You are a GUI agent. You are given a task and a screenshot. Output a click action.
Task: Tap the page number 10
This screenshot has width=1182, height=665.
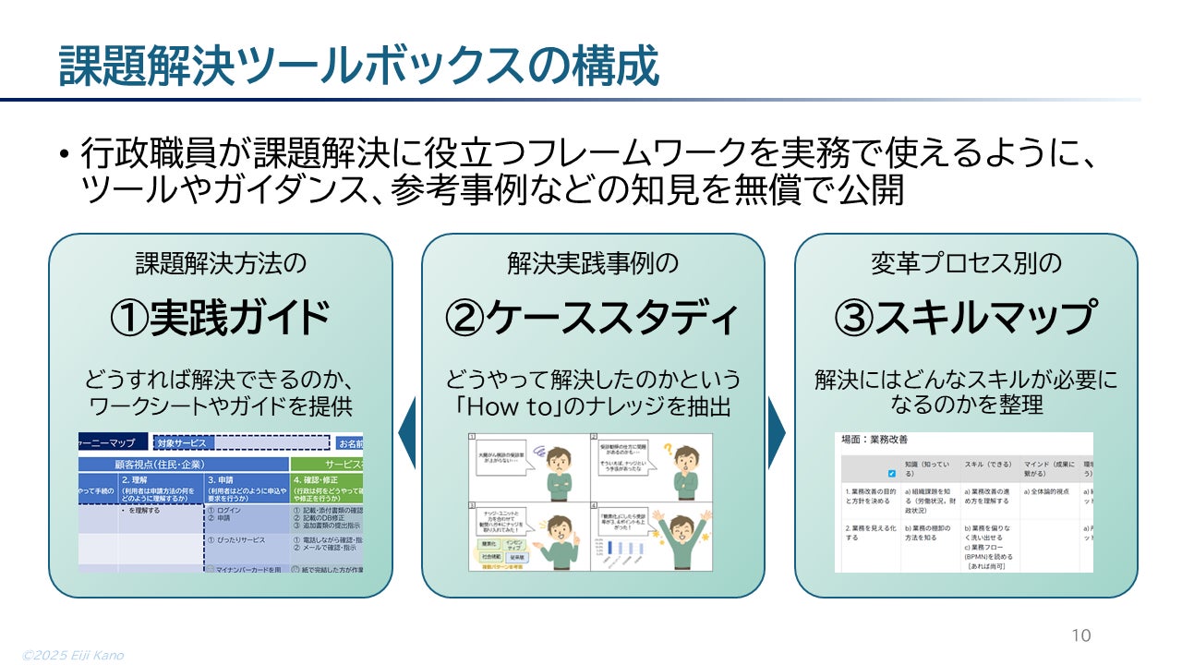coord(1080,635)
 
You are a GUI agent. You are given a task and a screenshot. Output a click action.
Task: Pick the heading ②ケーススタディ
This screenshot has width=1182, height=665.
coord(593,318)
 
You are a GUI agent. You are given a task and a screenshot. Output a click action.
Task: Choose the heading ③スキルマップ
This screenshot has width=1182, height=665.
coord(966,318)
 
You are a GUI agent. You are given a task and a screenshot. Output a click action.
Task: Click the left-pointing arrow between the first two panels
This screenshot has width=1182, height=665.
coord(406,432)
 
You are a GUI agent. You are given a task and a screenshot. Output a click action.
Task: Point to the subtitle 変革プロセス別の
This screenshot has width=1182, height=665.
coord(966,264)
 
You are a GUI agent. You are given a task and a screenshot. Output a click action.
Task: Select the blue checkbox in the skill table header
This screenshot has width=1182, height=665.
coord(891,473)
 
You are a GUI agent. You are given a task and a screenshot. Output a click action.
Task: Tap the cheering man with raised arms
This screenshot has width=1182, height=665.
coord(679,536)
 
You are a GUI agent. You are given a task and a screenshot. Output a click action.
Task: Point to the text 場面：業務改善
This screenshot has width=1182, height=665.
coord(872,441)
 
